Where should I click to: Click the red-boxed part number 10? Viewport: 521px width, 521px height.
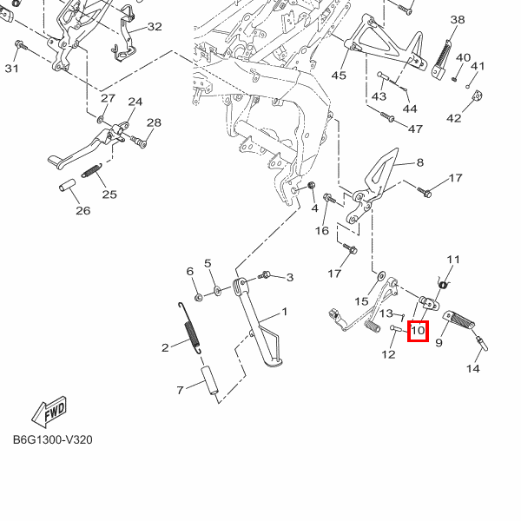[x=418, y=331]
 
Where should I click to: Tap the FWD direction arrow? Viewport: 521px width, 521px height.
[x=49, y=412]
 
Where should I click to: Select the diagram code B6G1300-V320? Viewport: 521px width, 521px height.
[x=53, y=439]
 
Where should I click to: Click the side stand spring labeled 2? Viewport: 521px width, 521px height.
[x=189, y=328]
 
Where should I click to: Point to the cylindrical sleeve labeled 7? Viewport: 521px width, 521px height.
[x=209, y=381]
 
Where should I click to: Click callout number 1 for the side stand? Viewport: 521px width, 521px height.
[x=285, y=312]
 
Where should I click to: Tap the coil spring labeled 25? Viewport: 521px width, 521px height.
[x=91, y=171]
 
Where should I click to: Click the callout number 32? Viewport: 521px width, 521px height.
[x=155, y=27]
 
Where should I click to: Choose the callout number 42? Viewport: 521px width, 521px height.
[x=454, y=118]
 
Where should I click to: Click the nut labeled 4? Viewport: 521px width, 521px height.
[x=311, y=186]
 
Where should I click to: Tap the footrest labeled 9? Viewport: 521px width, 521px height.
[x=458, y=320]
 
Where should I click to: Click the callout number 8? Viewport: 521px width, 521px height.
[x=420, y=162]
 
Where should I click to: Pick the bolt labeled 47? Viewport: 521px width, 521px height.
[x=387, y=116]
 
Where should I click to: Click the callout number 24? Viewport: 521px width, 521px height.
[x=135, y=102]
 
